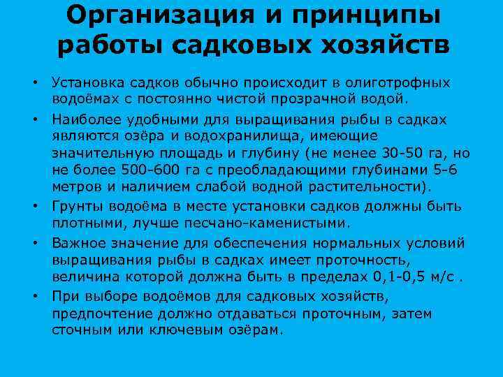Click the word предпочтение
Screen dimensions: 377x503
click(103, 313)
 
